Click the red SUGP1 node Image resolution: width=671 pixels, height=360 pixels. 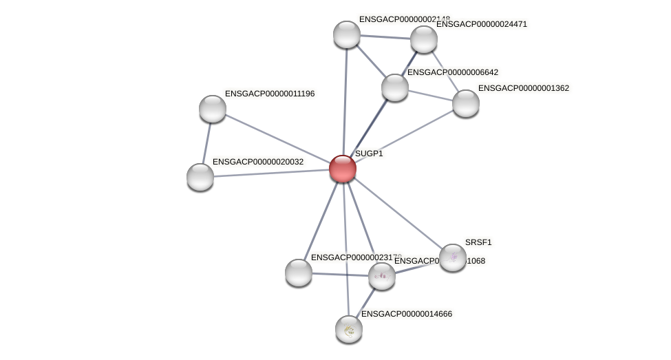(342, 169)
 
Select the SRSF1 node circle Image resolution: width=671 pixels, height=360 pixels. (452, 257)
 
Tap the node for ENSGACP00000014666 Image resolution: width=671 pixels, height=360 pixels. (349, 328)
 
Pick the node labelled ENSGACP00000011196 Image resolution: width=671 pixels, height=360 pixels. (213, 108)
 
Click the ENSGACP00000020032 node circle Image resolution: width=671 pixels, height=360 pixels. (200, 177)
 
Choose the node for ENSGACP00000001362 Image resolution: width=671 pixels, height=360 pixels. (465, 103)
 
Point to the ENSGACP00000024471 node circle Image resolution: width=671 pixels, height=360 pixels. (424, 39)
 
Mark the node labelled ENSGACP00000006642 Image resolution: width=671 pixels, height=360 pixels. (395, 87)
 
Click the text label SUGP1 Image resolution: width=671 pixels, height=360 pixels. (369, 153)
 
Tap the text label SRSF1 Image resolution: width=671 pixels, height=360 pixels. (478, 242)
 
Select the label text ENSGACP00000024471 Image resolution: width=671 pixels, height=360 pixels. (482, 24)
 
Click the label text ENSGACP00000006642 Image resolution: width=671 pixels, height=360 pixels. (453, 72)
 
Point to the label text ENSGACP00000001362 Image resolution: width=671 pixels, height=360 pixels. (524, 88)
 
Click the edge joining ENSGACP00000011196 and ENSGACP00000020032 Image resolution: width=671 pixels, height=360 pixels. (206, 142)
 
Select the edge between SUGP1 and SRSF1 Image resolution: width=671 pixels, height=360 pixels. (397, 213)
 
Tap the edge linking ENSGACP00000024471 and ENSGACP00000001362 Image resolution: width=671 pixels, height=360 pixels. (445, 71)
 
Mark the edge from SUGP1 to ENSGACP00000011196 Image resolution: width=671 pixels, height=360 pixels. (277, 138)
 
